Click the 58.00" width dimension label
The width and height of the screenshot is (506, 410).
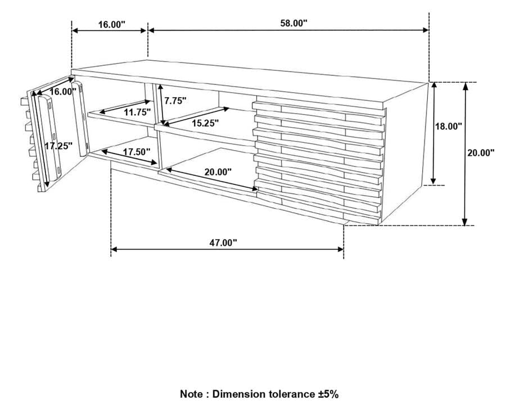[x=293, y=23]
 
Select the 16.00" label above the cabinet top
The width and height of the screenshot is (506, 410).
[x=111, y=24]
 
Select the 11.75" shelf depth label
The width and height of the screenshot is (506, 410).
[x=138, y=112]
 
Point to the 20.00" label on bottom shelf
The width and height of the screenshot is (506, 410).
[x=218, y=172]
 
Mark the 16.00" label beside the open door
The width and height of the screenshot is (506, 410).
[x=62, y=92]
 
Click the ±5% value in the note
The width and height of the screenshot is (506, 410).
[x=327, y=394]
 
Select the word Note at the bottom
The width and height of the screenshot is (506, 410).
[x=192, y=394]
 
